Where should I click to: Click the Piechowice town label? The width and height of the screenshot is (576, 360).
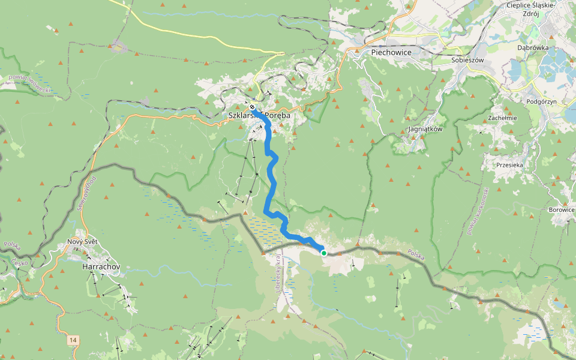(x=387, y=52)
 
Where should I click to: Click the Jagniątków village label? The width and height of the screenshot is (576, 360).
(x=425, y=129)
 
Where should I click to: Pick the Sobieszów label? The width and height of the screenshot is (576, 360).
(x=467, y=60)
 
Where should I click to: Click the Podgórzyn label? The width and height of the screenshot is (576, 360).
(x=541, y=102)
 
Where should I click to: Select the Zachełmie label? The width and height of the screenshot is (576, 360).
(x=502, y=118)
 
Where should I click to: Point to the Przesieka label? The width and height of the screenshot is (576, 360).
(x=511, y=164)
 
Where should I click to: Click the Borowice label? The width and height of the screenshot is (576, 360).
(x=562, y=210)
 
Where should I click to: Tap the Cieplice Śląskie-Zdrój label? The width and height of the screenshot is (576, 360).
(x=531, y=9)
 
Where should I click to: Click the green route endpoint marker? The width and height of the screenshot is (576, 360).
(x=324, y=253)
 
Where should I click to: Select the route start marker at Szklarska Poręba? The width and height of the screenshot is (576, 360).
(x=253, y=107)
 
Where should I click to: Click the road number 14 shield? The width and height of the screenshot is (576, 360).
(x=73, y=340)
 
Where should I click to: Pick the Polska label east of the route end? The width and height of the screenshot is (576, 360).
(x=415, y=254)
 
